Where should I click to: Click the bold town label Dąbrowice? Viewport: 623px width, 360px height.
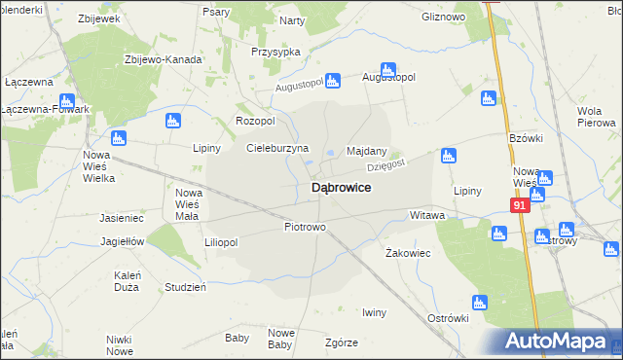[x=340, y=187]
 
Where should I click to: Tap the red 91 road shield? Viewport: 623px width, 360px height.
[x=520, y=206]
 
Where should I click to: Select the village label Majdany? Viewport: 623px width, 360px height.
[x=367, y=152]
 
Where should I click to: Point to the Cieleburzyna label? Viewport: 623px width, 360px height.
[x=277, y=149]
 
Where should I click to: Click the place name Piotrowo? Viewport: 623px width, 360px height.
[x=305, y=227]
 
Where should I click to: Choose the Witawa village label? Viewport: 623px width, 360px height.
[x=427, y=214]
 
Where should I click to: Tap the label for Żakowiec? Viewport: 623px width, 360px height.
[x=409, y=252]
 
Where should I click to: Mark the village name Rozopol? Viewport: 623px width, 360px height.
[x=256, y=121]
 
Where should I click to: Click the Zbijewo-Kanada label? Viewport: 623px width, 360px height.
[x=163, y=59]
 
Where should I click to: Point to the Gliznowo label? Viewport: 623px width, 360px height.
[x=443, y=18]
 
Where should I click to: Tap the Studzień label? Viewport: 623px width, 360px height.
[x=185, y=287]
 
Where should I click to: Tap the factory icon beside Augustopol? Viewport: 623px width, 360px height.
[x=387, y=70]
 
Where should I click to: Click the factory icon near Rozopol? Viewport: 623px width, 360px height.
[x=173, y=121]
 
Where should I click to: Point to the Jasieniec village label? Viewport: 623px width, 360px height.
[x=122, y=219]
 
